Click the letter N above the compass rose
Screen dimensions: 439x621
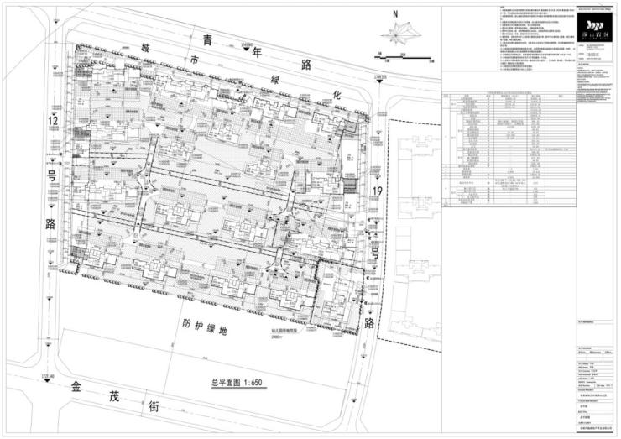pos(395,14)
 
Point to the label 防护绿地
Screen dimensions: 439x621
pos(205,322)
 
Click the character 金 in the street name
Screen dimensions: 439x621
pos(77,388)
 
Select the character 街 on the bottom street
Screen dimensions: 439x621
pos(154,405)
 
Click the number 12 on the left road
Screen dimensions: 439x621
pos(54,123)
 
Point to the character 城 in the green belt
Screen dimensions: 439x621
pos(148,44)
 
